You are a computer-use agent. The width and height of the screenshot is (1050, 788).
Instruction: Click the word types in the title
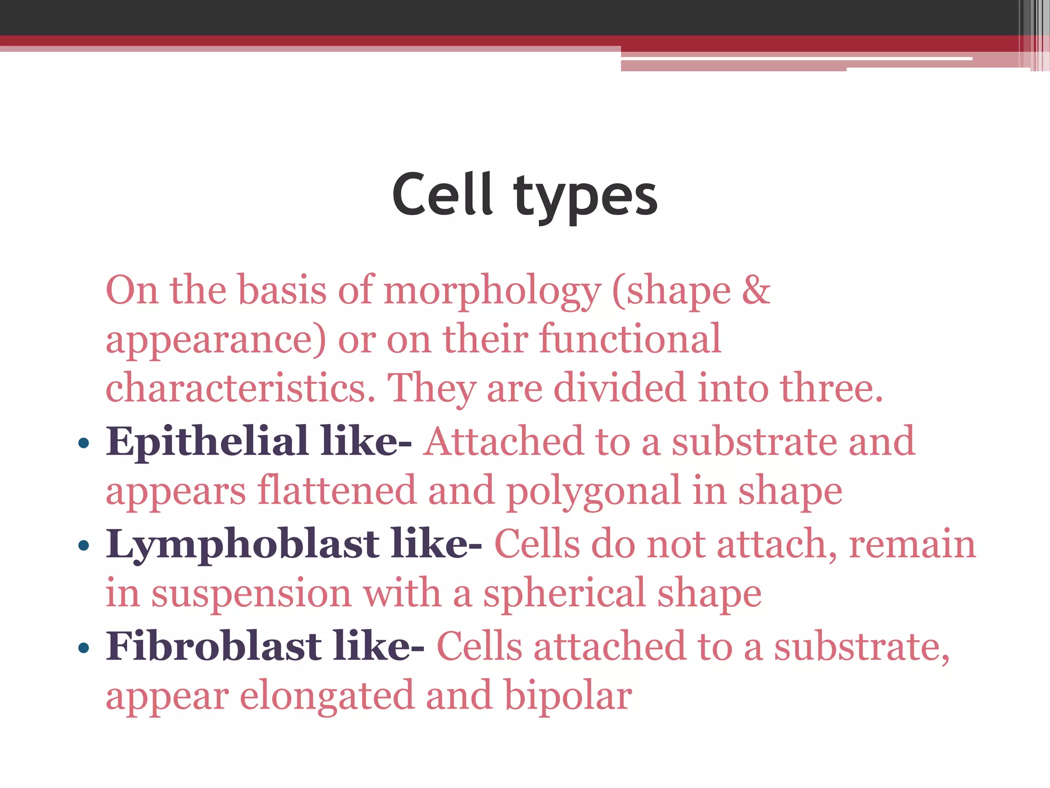[585, 198]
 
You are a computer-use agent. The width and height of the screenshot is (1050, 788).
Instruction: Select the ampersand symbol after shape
[756, 290]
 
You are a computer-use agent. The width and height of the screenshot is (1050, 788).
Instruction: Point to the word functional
[630, 339]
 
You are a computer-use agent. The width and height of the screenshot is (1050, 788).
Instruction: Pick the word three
[831, 388]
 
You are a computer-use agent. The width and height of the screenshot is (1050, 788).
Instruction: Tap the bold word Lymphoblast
[243, 544]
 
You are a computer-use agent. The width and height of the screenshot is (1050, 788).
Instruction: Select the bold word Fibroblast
[214, 646]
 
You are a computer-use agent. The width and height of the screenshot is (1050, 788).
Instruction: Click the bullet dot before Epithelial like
[84, 443]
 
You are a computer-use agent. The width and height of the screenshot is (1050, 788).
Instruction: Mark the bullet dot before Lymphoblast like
[84, 545]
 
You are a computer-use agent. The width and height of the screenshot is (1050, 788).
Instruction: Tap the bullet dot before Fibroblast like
[84, 647]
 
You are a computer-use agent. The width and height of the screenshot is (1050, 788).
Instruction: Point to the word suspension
[251, 594]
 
